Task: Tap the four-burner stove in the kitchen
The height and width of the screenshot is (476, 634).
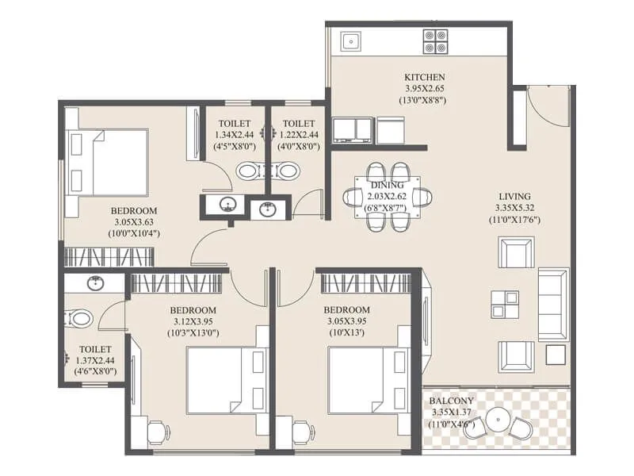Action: [x=435, y=40]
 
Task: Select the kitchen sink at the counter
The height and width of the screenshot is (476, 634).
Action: [x=349, y=40]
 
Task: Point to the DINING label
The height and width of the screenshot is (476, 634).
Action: [x=388, y=185]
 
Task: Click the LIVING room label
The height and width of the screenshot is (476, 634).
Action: [x=514, y=196]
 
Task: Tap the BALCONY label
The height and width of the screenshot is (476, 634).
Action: [x=454, y=401]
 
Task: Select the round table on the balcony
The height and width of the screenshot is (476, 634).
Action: [x=498, y=419]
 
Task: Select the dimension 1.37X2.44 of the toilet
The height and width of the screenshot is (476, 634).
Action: [x=94, y=360]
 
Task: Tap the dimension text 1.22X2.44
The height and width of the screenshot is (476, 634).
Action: [x=298, y=135]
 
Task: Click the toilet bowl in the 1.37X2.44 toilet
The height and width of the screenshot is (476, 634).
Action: [x=79, y=319]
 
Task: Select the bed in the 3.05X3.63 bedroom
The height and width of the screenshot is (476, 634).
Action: [x=110, y=162]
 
